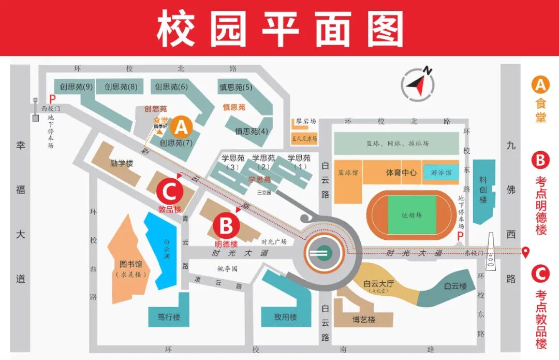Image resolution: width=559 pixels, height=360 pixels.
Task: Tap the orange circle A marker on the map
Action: (x=181, y=126)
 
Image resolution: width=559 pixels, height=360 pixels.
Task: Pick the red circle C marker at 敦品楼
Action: (x=170, y=192)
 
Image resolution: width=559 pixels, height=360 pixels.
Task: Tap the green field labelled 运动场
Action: (x=412, y=214)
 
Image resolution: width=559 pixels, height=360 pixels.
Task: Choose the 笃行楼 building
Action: (x=169, y=316)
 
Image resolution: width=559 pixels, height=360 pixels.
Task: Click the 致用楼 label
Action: (x=286, y=316)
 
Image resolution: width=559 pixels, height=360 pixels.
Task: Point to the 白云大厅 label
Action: (x=379, y=284)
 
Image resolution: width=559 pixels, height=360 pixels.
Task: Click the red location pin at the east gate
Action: (x=526, y=252)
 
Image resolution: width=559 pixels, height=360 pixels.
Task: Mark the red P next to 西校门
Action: (x=52, y=98)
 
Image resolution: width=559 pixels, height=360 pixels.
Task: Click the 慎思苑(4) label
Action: (x=252, y=131)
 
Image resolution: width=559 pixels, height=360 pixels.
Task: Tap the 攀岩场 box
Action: (x=303, y=121)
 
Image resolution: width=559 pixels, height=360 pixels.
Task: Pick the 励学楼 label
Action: (x=122, y=163)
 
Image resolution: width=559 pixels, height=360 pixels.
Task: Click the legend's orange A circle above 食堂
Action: (x=540, y=84)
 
